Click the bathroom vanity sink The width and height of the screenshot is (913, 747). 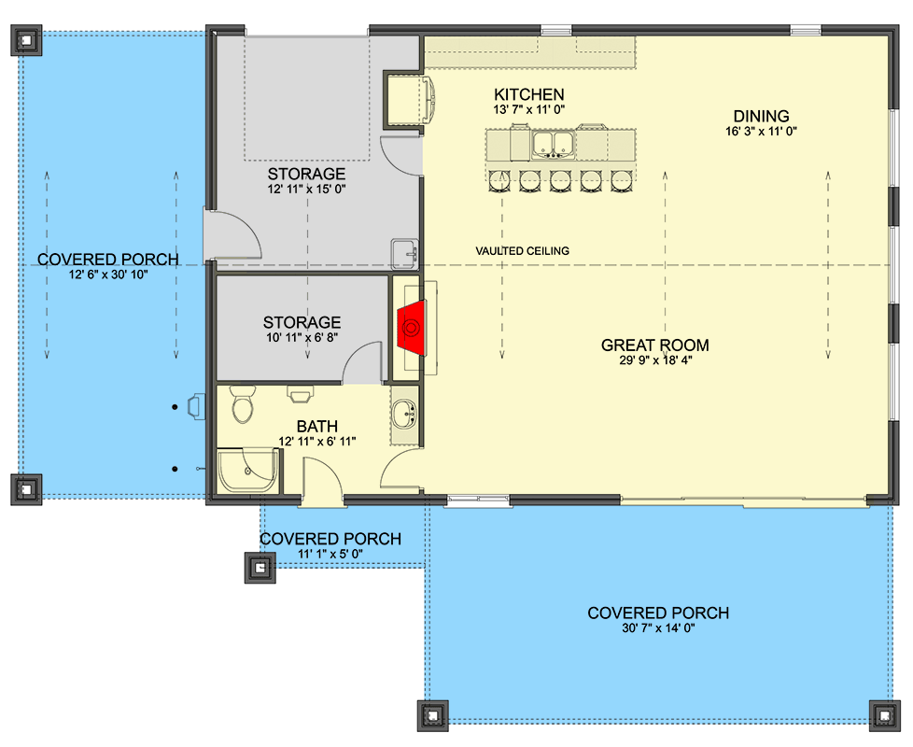[405, 415]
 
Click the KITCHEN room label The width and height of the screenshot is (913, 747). [528, 94]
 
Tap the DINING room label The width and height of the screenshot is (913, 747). [761, 116]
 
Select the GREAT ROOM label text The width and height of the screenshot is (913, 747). [654, 345]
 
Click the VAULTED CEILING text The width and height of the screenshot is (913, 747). [522, 251]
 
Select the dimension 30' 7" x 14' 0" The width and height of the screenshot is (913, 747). [657, 628]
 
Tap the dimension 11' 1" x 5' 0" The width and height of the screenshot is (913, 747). [330, 554]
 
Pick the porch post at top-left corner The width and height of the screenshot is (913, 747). [25, 39]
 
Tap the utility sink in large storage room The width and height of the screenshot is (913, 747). [403, 252]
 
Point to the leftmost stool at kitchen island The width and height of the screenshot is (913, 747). [499, 179]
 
